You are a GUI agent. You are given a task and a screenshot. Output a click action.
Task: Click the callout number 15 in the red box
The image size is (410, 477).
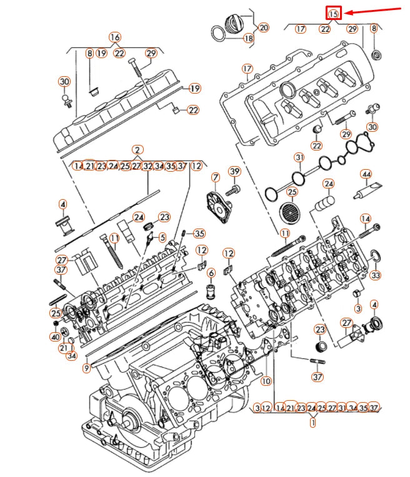[x=334, y=13]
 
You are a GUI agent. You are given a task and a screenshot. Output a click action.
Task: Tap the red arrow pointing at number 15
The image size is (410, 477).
[x=372, y=11]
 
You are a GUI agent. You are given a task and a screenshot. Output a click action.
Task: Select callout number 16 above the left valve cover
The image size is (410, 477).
[x=114, y=37]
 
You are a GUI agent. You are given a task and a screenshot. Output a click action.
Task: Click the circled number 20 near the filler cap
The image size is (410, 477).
[x=262, y=27]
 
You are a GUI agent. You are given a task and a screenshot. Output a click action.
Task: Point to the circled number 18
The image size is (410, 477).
[x=249, y=38]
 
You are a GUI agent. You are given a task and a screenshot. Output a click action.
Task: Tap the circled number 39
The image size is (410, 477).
[x=234, y=171]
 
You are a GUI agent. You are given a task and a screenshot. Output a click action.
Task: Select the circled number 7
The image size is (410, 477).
[x=215, y=179]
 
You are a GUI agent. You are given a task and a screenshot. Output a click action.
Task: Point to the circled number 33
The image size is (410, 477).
[x=375, y=275]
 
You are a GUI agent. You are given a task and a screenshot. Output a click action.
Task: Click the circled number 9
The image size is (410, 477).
[x=87, y=368]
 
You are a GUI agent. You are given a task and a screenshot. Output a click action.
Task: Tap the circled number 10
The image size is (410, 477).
[x=266, y=380]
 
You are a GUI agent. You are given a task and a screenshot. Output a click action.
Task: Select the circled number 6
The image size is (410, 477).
[x=211, y=272]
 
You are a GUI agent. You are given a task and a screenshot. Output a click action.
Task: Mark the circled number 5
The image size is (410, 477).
[x=162, y=237]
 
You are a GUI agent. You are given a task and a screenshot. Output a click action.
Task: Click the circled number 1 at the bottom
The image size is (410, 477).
[x=312, y=422]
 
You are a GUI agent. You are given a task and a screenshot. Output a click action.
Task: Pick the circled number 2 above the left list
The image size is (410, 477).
[x=137, y=150]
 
